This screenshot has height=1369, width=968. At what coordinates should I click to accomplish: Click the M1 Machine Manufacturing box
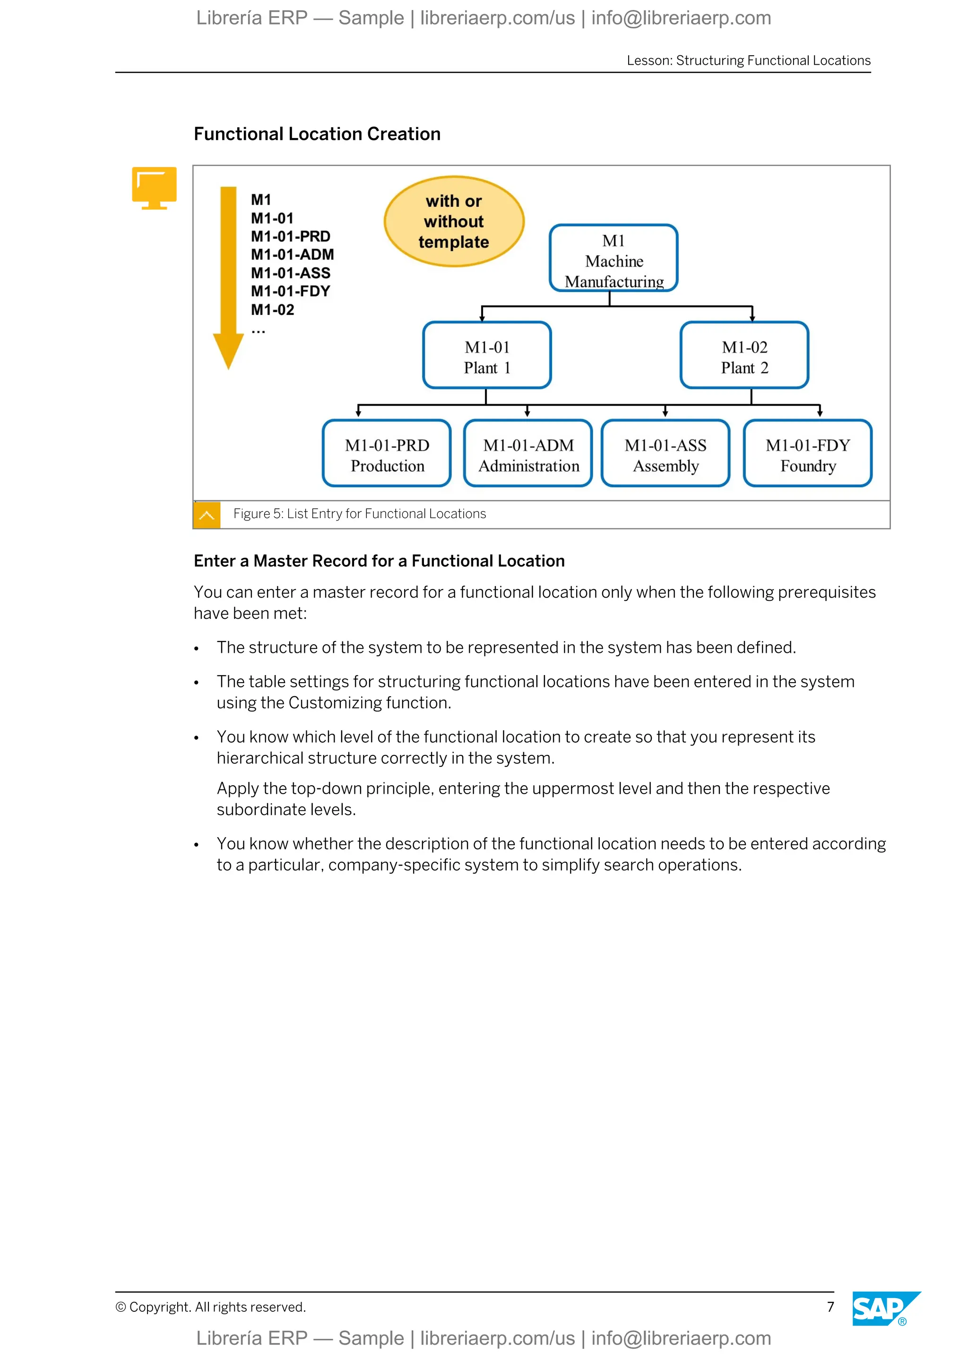[614, 258]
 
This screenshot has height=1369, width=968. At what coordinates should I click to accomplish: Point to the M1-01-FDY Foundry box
[808, 454]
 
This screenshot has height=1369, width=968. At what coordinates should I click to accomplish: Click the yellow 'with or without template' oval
[454, 221]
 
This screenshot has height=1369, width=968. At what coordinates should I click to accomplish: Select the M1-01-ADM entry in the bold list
[292, 255]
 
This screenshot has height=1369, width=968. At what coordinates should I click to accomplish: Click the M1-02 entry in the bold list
[272, 310]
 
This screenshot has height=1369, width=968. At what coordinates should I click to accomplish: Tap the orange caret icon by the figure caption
[207, 515]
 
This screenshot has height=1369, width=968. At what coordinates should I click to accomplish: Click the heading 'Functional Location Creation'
[317, 134]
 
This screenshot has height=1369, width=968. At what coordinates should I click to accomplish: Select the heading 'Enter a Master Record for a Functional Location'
[379, 561]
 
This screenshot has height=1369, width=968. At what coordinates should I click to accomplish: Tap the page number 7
[830, 1307]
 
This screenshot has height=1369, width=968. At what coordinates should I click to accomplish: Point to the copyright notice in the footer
[210, 1307]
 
